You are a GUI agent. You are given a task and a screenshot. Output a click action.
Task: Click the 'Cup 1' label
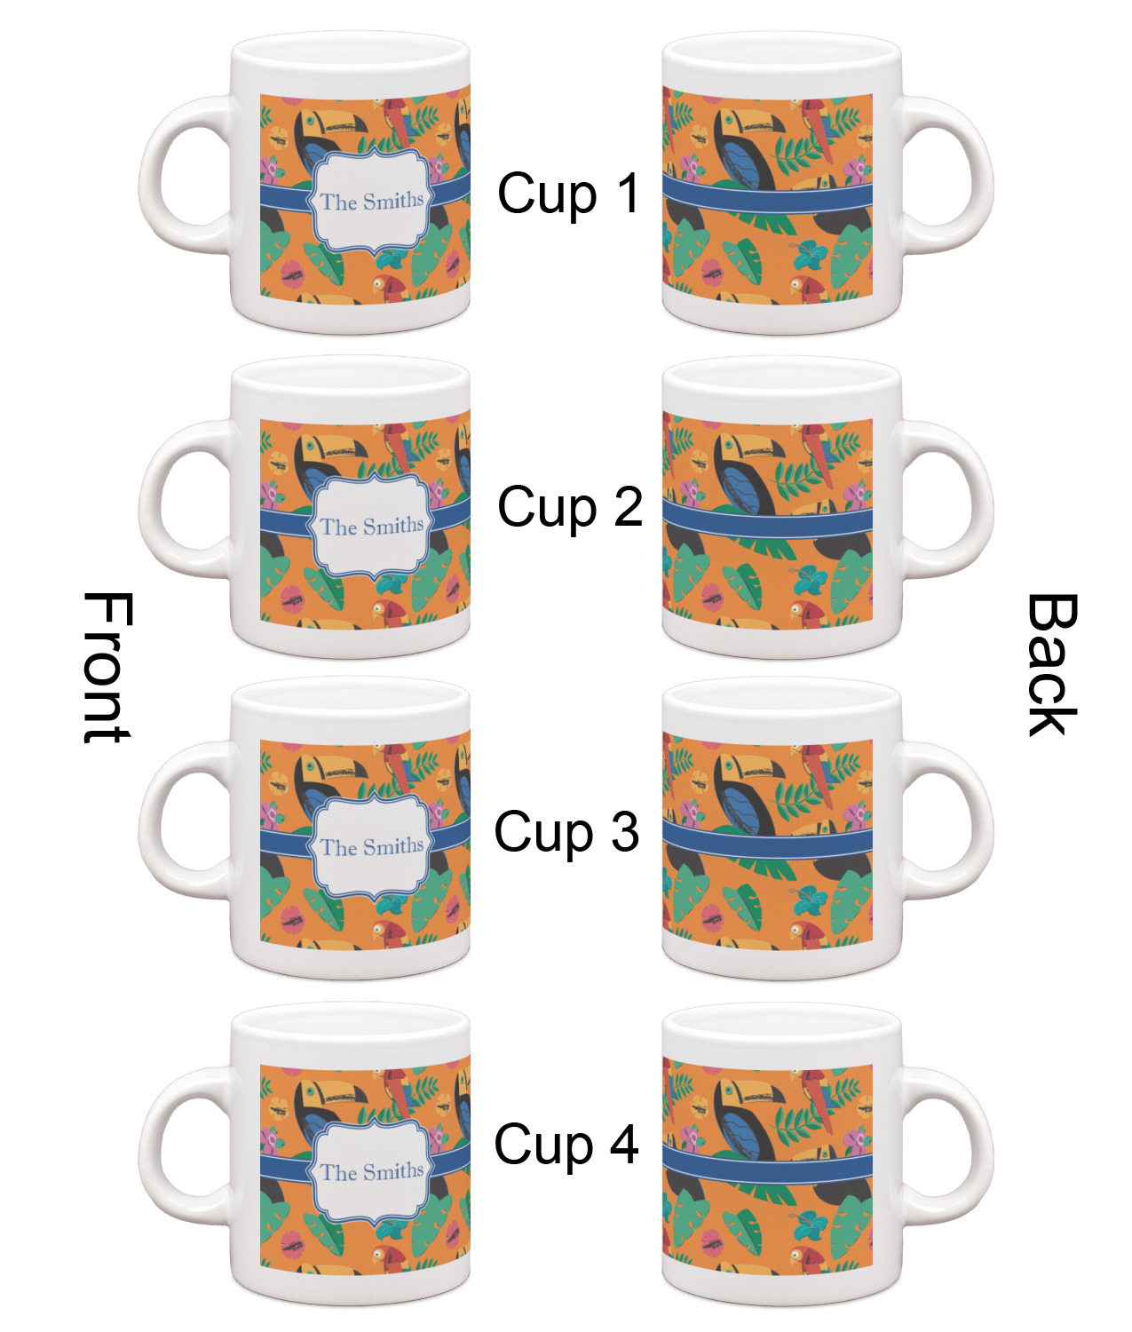pyautogui.click(x=568, y=194)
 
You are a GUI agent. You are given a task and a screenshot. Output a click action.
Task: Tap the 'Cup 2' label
pyautogui.click(x=570, y=506)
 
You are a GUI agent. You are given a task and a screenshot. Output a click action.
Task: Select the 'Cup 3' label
pyautogui.click(x=566, y=832)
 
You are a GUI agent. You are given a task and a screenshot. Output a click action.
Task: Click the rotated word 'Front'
pyautogui.click(x=107, y=668)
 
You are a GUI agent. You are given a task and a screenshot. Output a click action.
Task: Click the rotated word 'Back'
pyautogui.click(x=1051, y=664)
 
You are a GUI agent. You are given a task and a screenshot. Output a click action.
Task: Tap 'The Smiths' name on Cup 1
pyautogui.click(x=372, y=202)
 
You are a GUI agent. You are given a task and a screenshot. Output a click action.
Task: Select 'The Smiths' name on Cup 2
pyautogui.click(x=372, y=527)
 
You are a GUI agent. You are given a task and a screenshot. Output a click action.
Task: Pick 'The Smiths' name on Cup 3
pyautogui.click(x=372, y=847)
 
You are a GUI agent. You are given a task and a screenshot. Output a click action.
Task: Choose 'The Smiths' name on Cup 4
pyautogui.click(x=372, y=1171)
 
